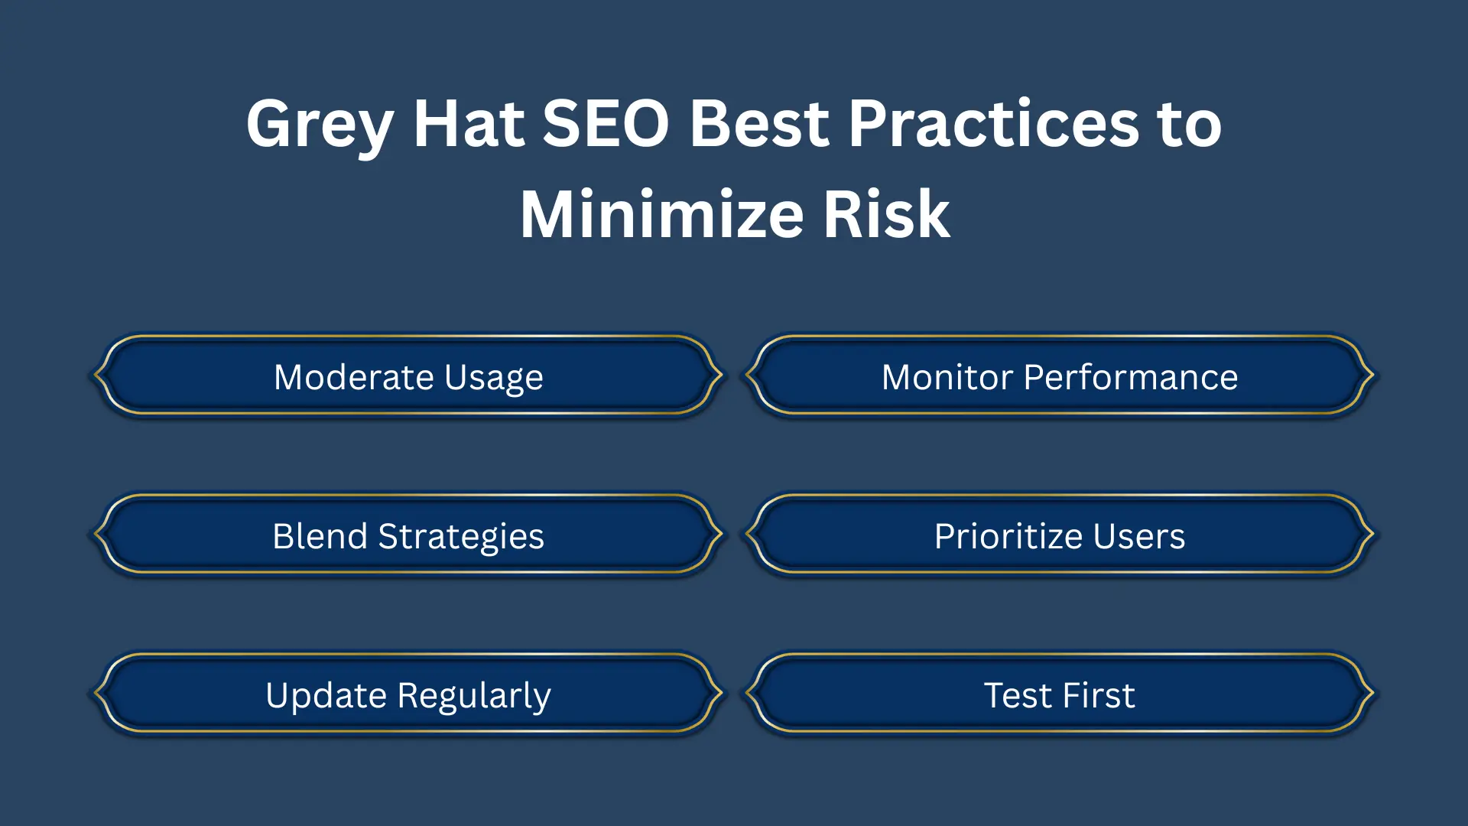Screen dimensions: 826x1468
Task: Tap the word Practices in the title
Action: (993, 124)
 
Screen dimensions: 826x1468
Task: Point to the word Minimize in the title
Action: (661, 215)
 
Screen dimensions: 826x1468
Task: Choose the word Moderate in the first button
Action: (354, 377)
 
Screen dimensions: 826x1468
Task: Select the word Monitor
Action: (947, 377)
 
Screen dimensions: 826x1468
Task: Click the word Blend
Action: (320, 536)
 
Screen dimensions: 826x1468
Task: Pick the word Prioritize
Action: (1010, 536)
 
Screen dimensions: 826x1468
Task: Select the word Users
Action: (1139, 536)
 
